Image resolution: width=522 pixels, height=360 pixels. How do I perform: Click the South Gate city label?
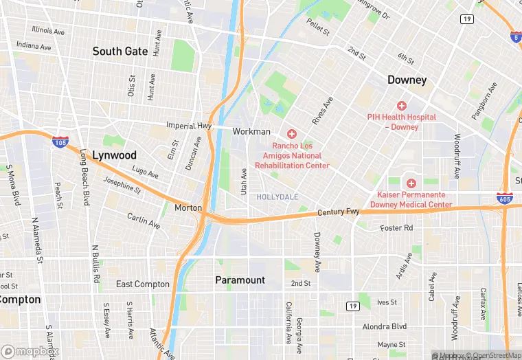(x=120, y=52)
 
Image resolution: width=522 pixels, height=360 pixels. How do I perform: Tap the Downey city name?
(x=407, y=80)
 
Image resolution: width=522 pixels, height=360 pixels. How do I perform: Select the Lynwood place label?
(x=114, y=155)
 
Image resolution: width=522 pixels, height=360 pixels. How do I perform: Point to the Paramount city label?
(x=240, y=280)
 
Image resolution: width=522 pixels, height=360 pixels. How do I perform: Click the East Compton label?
(x=142, y=284)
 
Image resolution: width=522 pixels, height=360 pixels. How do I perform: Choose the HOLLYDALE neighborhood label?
(x=277, y=197)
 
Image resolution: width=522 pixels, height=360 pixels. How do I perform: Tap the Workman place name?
(x=251, y=131)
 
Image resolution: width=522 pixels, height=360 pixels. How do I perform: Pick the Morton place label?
(x=188, y=207)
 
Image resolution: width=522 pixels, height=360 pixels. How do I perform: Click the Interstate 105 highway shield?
(x=60, y=142)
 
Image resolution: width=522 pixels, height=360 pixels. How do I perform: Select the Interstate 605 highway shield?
(x=503, y=198)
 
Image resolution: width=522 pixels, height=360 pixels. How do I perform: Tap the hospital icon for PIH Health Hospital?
(x=401, y=106)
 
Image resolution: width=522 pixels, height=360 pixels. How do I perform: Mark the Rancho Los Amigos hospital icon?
(x=292, y=133)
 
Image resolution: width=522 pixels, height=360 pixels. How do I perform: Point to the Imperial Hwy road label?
(x=190, y=126)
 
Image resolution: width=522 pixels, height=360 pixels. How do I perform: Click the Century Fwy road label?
(x=339, y=213)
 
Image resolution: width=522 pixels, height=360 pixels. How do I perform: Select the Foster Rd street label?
(x=397, y=227)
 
